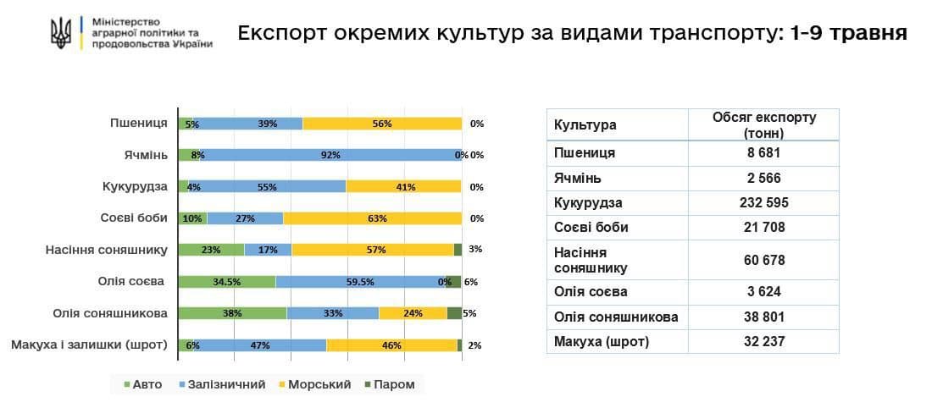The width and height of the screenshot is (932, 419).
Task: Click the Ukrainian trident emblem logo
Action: pyautogui.click(x=61, y=33)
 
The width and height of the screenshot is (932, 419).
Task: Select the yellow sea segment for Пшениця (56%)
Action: pyautogui.click(x=381, y=124)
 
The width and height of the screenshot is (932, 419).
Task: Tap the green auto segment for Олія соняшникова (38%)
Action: pyautogui.click(x=232, y=312)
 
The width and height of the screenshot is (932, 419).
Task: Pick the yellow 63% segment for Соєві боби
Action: pyautogui.click(x=373, y=218)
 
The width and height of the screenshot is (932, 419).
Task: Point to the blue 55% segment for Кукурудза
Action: pyautogui.click(x=267, y=187)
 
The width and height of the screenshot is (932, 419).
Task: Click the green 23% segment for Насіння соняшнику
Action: pyautogui.click(x=211, y=250)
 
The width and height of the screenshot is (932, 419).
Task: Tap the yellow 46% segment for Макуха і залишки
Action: pyautogui.click(x=391, y=345)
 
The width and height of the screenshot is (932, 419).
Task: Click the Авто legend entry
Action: pyautogui.click(x=143, y=384)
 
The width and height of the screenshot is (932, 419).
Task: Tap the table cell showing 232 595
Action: pyautogui.click(x=763, y=203)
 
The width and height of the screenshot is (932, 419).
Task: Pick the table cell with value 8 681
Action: pyautogui.click(x=763, y=153)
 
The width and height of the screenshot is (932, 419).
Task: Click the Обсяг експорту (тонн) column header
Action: pyautogui.click(x=763, y=124)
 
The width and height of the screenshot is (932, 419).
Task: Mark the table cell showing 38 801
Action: pyautogui.click(x=763, y=317)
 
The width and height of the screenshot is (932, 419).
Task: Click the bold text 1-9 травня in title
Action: pyautogui.click(x=847, y=34)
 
